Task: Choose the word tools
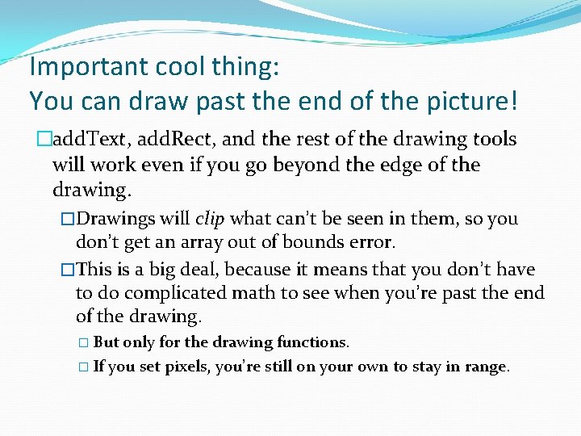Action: tap(494, 139)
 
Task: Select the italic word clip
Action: tap(210, 219)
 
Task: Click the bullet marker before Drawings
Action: tap(68, 220)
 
